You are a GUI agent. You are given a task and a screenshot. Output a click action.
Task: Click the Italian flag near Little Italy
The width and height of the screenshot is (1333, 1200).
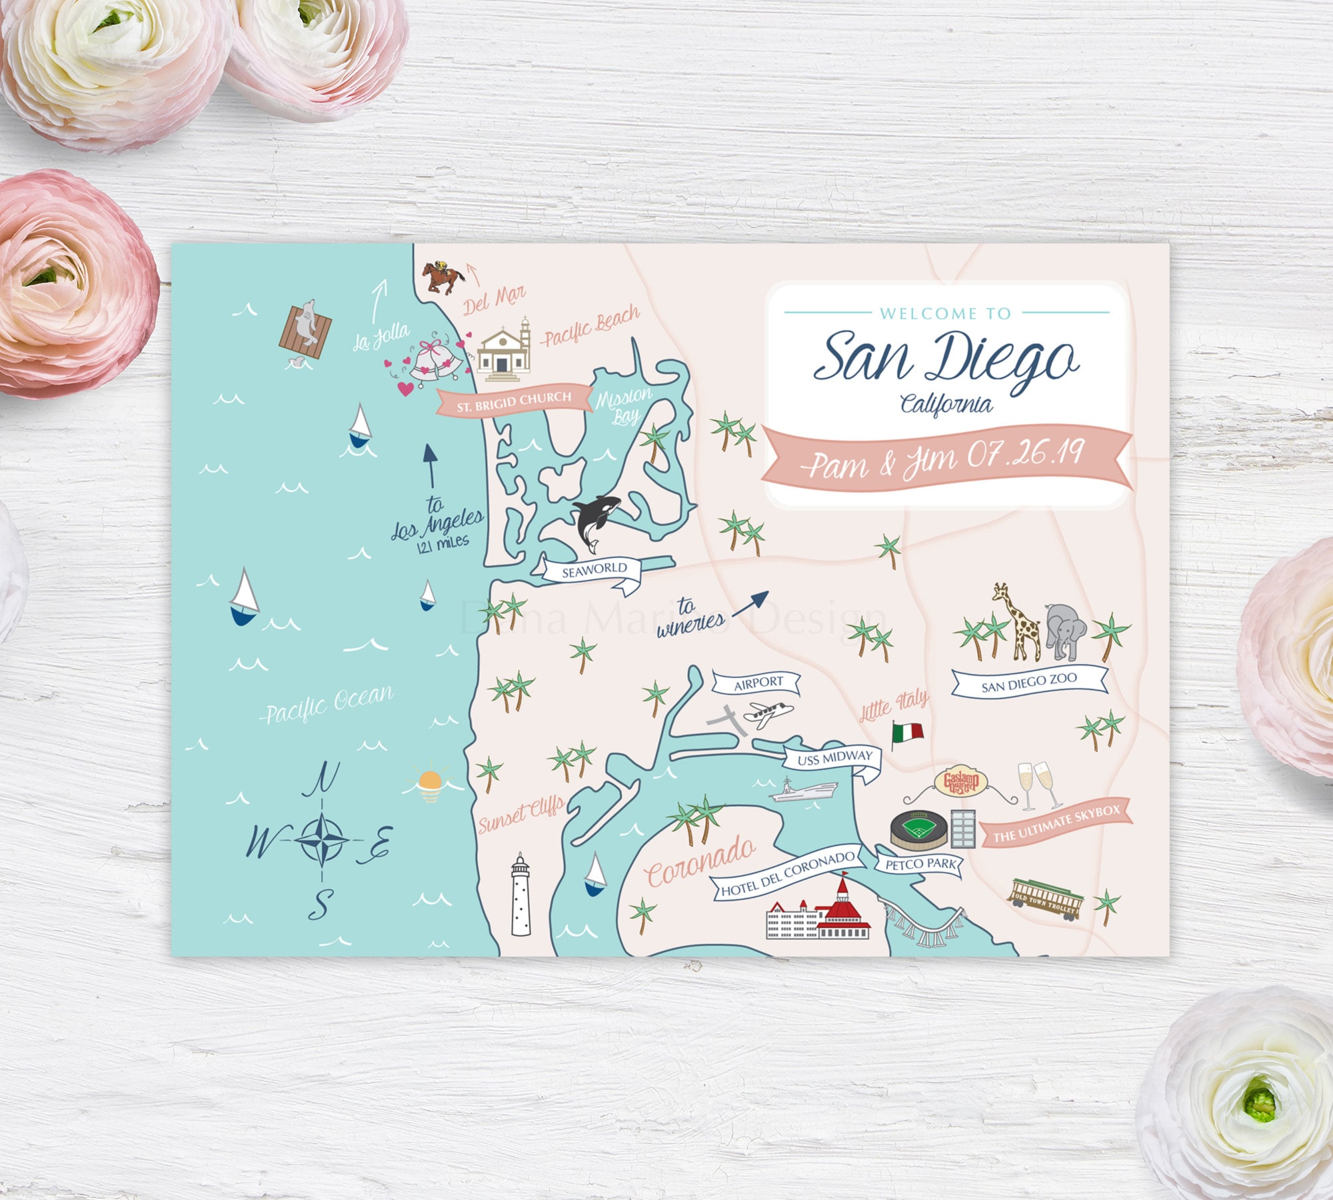pyautogui.click(x=908, y=732)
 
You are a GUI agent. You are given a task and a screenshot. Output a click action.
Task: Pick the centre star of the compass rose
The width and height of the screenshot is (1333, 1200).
pyautogui.click(x=321, y=838)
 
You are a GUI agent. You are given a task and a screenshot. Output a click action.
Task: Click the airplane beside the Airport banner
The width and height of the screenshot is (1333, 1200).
pyautogui.click(x=768, y=714)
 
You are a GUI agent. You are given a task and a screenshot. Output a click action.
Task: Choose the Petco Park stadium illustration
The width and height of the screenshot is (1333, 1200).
pyautogui.click(x=918, y=829)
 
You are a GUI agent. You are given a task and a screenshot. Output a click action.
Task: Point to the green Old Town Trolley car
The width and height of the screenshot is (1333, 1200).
pyautogui.click(x=1044, y=899)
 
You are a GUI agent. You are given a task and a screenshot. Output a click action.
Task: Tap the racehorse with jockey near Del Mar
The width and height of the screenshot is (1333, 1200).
pyautogui.click(x=442, y=275)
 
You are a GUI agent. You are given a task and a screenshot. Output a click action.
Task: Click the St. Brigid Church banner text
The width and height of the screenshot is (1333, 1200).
pyautogui.click(x=514, y=401)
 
